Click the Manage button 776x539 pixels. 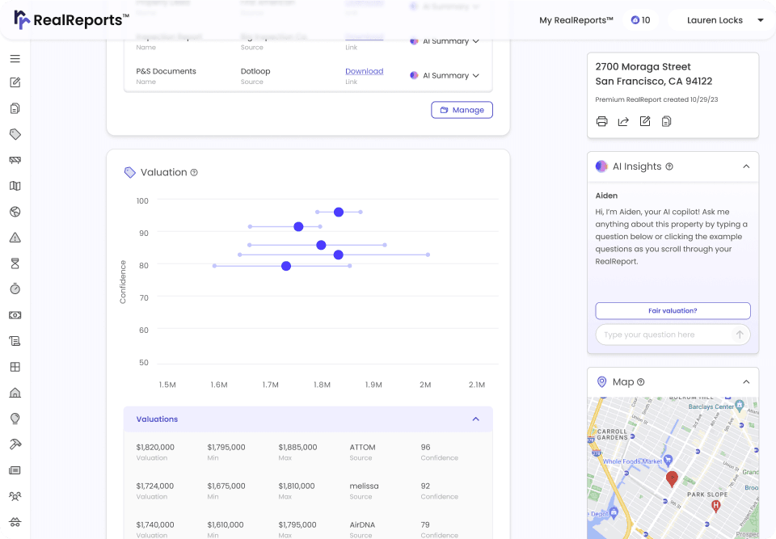pyautogui.click(x=462, y=110)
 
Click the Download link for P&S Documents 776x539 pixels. pyautogui.click(x=364, y=71)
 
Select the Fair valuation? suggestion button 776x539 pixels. pyautogui.click(x=673, y=310)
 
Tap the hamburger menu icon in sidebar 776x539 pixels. pyautogui.click(x=15, y=59)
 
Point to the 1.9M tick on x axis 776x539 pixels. pyautogui.click(x=373, y=385)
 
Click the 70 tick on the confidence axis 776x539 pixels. pyautogui.click(x=143, y=297)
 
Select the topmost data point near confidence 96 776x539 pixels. pyautogui.click(x=339, y=212)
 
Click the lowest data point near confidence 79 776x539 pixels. pyautogui.click(x=286, y=265)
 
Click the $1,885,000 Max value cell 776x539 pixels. pyautogui.click(x=297, y=447)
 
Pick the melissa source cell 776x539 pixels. pyautogui.click(x=364, y=486)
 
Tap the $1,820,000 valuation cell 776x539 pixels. pyautogui.click(x=155, y=447)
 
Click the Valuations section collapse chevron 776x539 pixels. pyautogui.click(x=475, y=419)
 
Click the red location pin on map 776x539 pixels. pyautogui.click(x=672, y=478)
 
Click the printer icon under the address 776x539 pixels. pyautogui.click(x=601, y=122)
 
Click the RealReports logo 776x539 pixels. pyautogui.click(x=71, y=19)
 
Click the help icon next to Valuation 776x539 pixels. pyautogui.click(x=194, y=172)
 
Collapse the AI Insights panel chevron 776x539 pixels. pyautogui.click(x=745, y=166)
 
